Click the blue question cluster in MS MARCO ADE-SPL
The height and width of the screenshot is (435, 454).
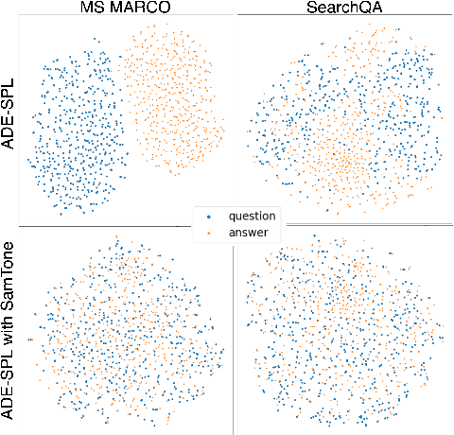click(x=74, y=128)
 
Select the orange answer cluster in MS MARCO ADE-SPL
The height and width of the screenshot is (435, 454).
click(x=170, y=99)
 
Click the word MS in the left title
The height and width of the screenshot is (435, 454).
click(x=89, y=8)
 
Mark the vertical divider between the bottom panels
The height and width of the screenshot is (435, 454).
click(x=233, y=340)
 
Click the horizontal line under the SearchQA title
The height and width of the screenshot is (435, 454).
click(x=342, y=15)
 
